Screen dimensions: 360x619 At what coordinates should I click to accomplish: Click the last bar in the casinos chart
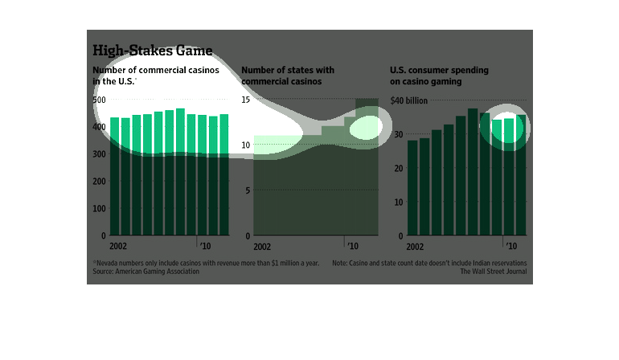(x=224, y=175)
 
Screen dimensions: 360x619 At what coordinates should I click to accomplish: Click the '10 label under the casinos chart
(x=206, y=247)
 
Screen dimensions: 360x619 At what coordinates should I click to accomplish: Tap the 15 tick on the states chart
(x=247, y=100)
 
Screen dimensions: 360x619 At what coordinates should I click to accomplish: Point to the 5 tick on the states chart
(x=248, y=190)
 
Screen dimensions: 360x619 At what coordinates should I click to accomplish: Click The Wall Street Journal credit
(x=496, y=272)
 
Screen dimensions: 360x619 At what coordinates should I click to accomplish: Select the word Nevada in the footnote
(x=108, y=263)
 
